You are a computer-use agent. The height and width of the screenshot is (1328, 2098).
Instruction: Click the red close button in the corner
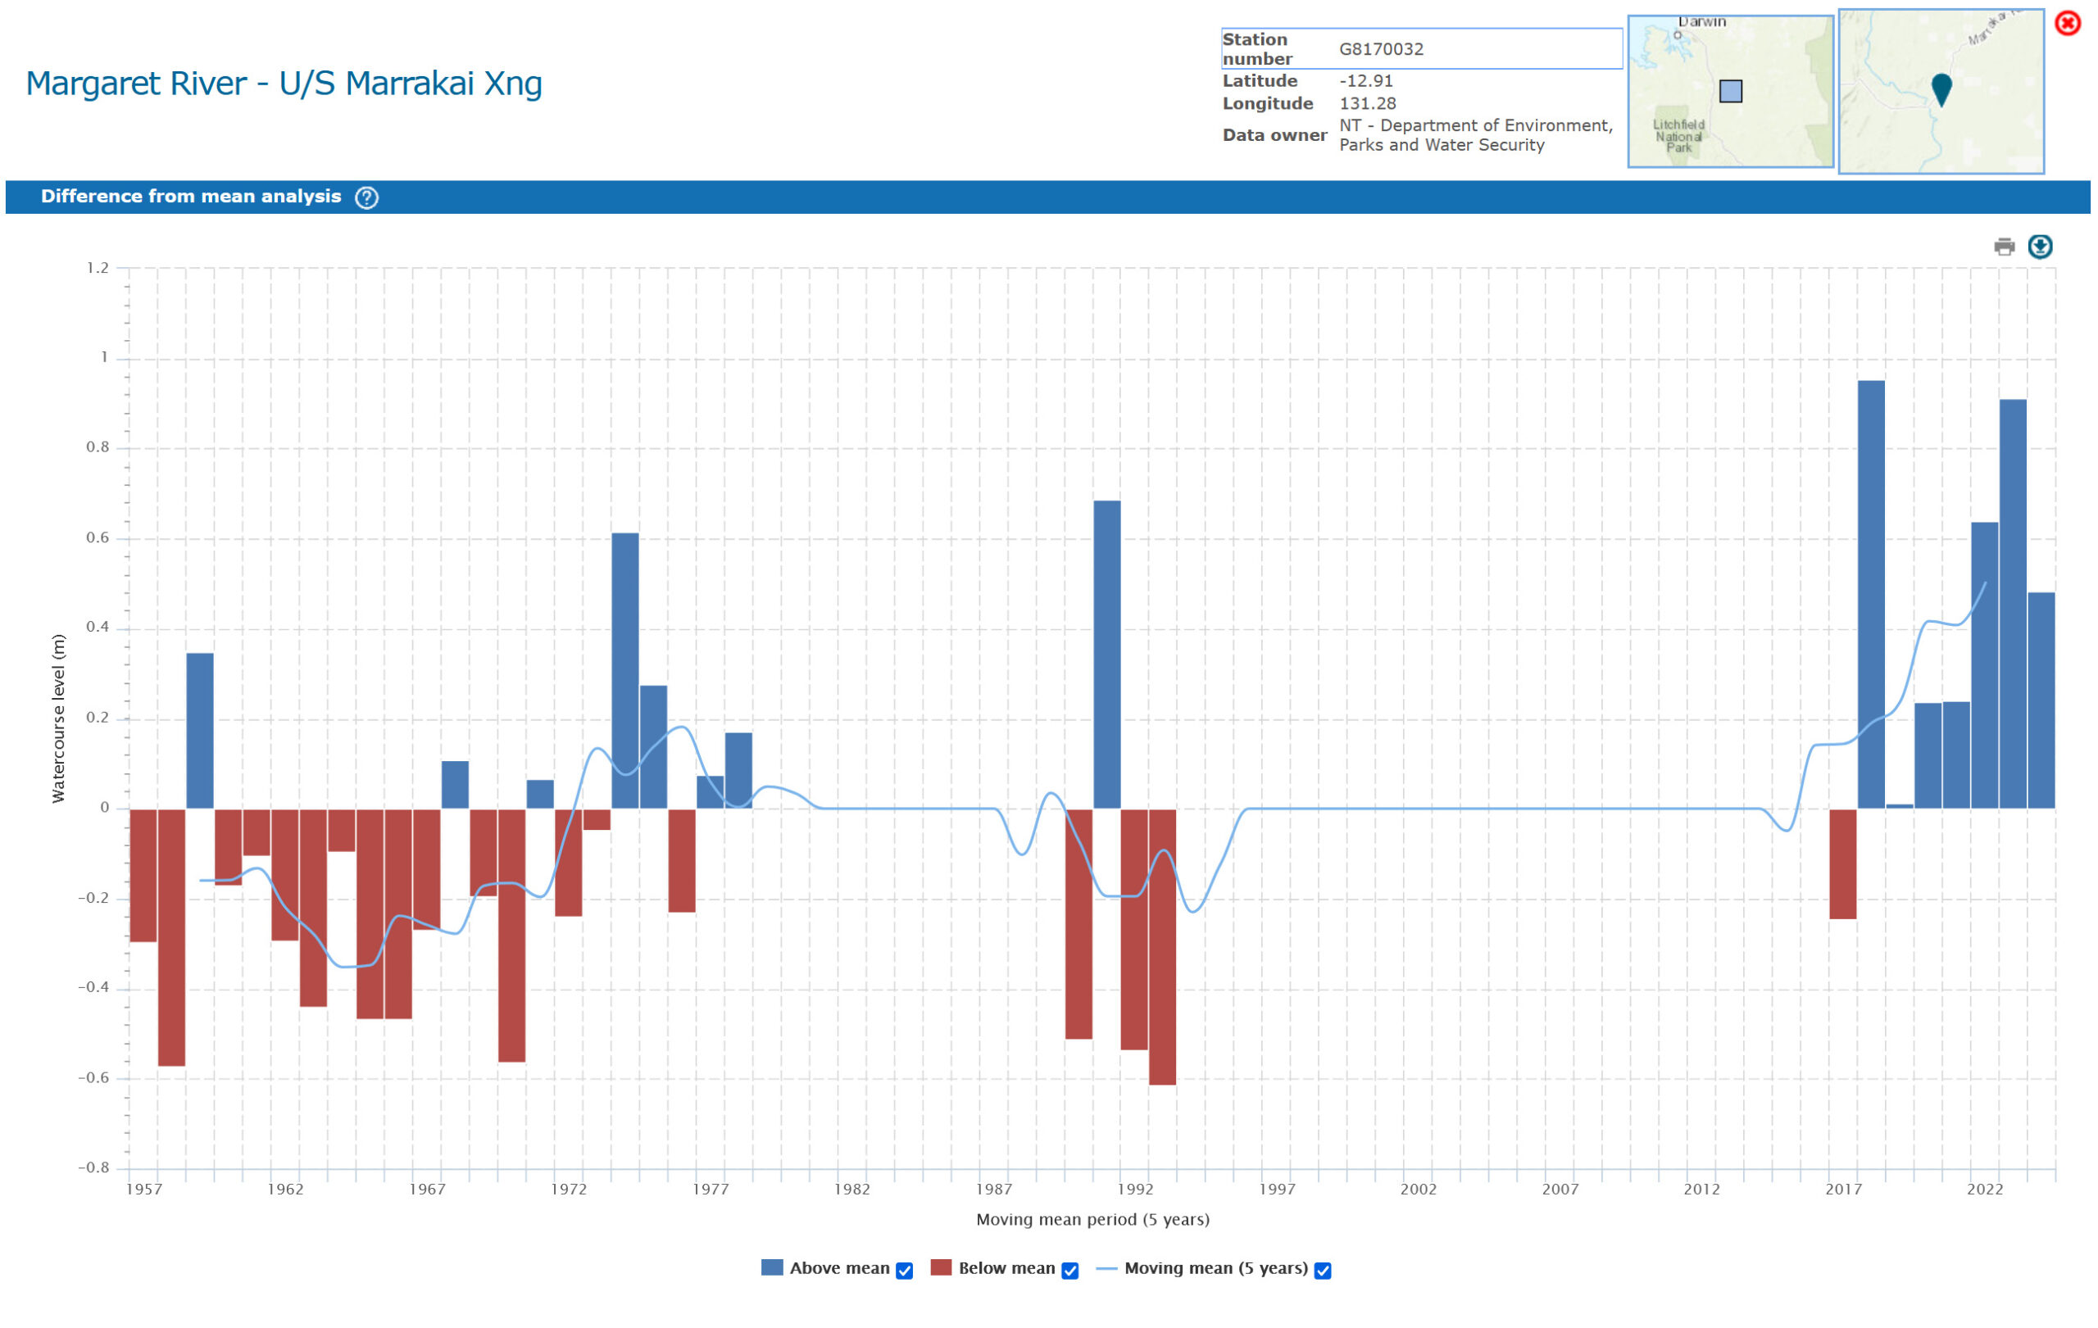click(x=2068, y=23)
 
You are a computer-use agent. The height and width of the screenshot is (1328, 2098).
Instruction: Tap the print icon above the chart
click(x=2004, y=247)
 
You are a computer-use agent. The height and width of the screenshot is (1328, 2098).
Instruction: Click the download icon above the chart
click(x=2040, y=247)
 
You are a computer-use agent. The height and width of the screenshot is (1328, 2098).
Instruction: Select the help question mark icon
click(x=367, y=197)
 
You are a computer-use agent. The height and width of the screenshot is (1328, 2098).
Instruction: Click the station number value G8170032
click(x=1381, y=50)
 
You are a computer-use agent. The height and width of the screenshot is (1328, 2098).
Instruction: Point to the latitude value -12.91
click(x=1365, y=81)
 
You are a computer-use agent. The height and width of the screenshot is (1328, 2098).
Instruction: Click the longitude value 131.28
click(x=1367, y=103)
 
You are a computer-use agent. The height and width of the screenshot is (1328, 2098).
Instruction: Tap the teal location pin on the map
click(x=1941, y=88)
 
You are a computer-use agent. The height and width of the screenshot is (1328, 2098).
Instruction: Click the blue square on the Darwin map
click(x=1730, y=92)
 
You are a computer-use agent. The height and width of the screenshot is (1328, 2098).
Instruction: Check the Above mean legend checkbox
click(x=905, y=1271)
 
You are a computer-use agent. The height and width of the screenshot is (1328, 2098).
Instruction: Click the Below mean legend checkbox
click(x=1070, y=1271)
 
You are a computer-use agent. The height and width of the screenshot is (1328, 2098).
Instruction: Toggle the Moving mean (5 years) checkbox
click(x=1323, y=1271)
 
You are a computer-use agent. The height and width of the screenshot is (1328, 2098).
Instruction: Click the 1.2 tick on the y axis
click(x=98, y=268)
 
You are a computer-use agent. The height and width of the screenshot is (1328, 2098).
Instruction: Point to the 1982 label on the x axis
click(x=851, y=1190)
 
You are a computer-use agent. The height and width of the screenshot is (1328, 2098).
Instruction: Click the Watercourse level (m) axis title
click(x=58, y=718)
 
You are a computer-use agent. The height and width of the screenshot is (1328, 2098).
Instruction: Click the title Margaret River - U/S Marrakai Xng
click(x=284, y=84)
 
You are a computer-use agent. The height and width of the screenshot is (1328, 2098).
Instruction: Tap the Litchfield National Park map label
click(x=1678, y=136)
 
